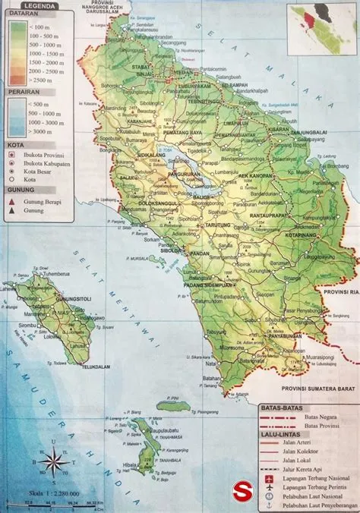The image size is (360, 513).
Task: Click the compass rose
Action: click(x=52, y=459)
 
